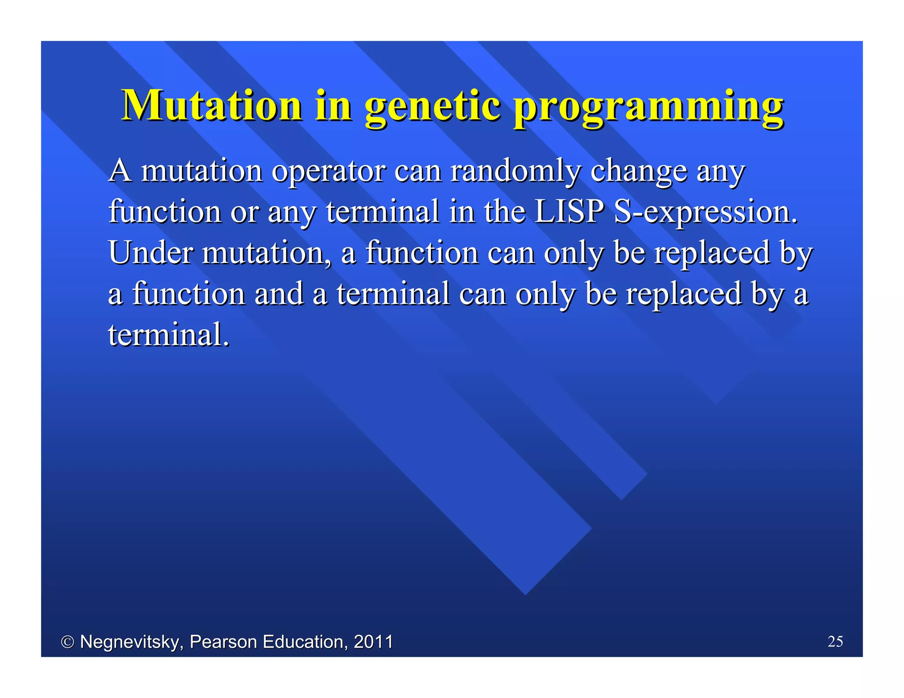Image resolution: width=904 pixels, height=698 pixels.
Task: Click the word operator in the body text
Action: click(x=328, y=171)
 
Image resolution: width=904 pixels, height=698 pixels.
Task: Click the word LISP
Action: click(x=569, y=211)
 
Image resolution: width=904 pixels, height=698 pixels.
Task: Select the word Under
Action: click(x=151, y=252)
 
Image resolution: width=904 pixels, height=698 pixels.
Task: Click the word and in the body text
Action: click(x=279, y=294)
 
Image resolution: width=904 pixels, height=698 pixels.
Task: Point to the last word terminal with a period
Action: click(x=169, y=334)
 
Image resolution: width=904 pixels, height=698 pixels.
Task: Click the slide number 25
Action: click(x=835, y=641)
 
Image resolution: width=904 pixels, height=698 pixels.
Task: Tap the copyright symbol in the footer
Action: click(x=67, y=642)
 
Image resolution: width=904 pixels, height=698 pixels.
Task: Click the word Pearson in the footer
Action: click(x=223, y=642)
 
